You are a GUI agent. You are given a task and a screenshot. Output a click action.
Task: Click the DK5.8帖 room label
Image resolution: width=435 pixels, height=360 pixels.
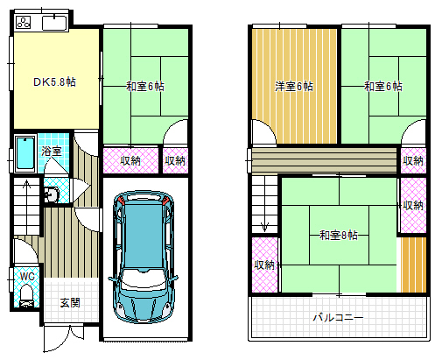(x=53, y=81)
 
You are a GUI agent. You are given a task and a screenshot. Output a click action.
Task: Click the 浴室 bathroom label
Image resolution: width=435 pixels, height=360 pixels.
(x=52, y=152)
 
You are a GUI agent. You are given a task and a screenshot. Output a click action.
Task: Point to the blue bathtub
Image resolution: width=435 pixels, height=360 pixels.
(x=24, y=156)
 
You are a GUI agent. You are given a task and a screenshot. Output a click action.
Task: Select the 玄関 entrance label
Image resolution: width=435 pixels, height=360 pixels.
(x=71, y=302)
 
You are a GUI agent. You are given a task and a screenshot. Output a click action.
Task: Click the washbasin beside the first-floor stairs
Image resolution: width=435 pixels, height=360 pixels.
(x=51, y=194)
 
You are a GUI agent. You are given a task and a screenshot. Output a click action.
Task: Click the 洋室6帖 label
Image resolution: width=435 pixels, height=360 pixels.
(x=293, y=86)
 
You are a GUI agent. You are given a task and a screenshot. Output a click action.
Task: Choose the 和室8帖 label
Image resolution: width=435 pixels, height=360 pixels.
(x=338, y=235)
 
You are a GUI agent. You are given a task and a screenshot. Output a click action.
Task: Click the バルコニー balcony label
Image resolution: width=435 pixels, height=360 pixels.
(x=339, y=317)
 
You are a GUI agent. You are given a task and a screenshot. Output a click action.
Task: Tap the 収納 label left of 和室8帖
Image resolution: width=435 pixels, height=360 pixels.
(x=263, y=265)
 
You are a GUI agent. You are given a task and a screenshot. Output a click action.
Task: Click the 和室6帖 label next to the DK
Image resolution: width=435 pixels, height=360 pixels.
(x=144, y=86)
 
